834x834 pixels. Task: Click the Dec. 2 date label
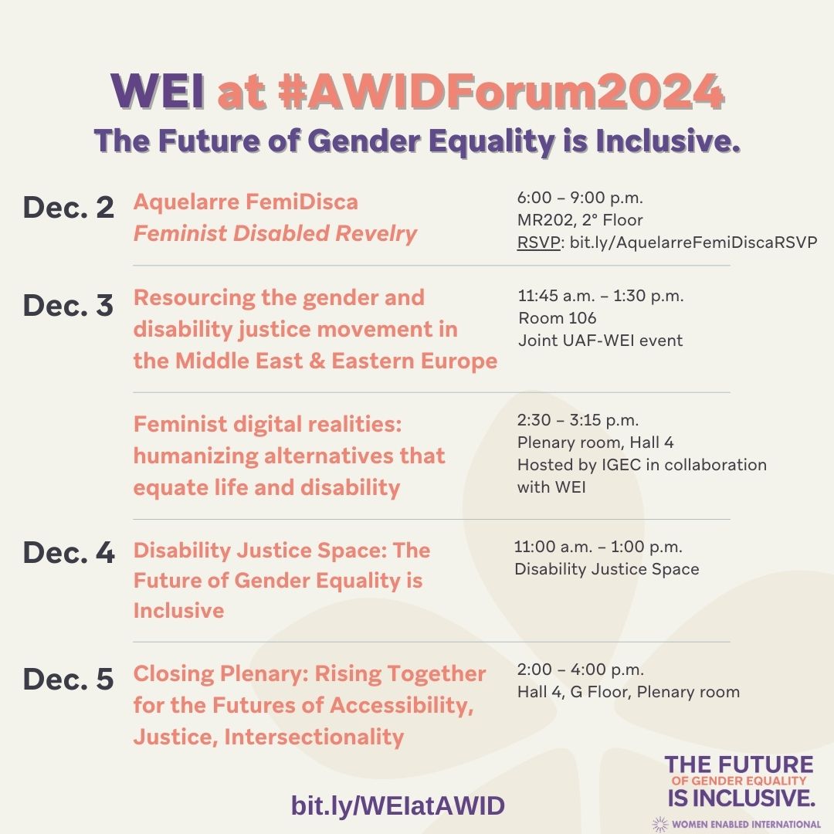68,208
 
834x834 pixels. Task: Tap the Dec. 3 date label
68,305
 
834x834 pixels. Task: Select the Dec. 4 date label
68,553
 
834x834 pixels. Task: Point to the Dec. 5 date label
68,679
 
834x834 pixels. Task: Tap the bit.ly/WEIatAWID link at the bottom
398,805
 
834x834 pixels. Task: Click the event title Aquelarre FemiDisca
246,202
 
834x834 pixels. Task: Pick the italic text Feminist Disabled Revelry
275,233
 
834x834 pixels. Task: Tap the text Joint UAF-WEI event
600,340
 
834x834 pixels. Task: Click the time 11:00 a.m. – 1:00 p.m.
598,547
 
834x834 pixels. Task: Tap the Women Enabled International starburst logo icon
659,823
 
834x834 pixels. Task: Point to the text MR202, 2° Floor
580,220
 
